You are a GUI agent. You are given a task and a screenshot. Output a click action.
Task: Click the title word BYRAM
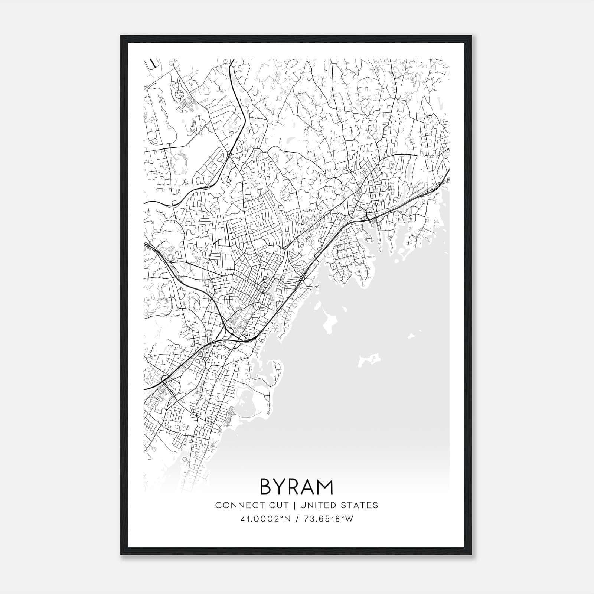coord(297,487)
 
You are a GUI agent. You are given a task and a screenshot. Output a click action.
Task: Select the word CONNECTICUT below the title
coord(252,505)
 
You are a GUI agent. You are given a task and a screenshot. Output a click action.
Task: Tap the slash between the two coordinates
coord(296,519)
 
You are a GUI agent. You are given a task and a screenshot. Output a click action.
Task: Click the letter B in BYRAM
coord(267,487)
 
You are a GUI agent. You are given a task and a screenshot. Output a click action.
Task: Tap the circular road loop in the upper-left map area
coord(179,93)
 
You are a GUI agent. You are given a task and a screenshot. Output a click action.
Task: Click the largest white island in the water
coord(330,322)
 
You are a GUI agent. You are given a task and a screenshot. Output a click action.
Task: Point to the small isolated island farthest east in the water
coord(411,336)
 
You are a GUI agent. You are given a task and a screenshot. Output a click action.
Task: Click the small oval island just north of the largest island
coord(317,306)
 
